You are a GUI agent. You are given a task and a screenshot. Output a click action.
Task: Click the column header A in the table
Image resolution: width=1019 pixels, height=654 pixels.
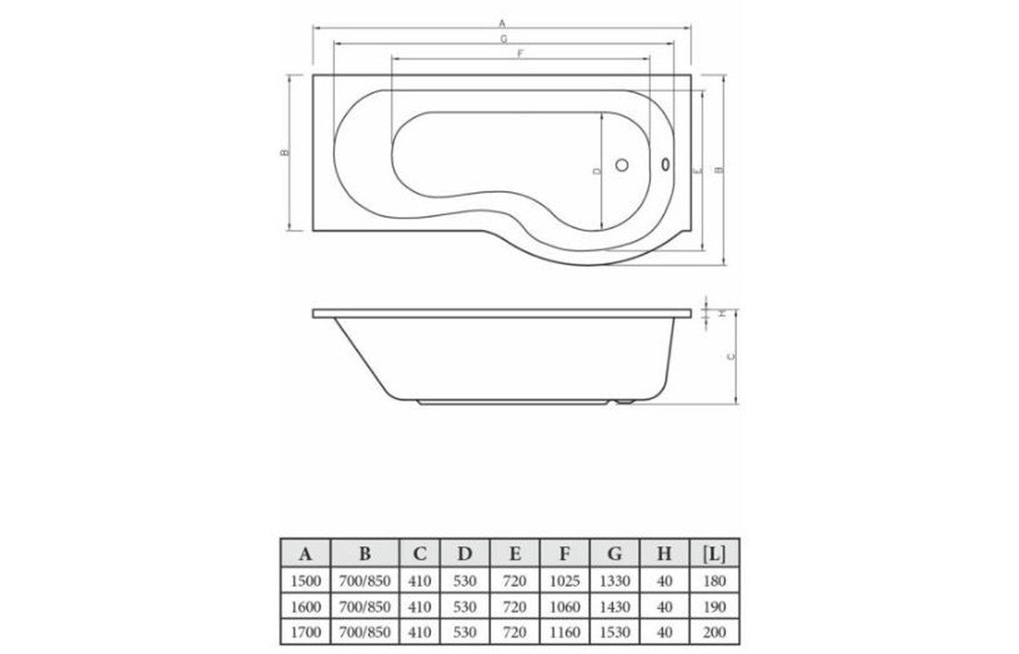305,554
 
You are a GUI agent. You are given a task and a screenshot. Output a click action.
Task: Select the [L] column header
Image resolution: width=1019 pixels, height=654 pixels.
715,554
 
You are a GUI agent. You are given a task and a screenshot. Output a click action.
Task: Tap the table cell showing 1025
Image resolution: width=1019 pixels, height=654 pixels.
564,582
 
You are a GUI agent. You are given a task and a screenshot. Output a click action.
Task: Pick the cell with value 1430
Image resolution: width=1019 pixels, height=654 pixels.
614,607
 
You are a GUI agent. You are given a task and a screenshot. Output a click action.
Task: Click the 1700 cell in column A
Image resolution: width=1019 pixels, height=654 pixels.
305,632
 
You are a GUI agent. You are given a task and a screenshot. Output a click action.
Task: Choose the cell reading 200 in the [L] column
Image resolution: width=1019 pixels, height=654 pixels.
715,632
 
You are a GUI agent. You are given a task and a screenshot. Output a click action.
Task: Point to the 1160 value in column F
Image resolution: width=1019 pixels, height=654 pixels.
564,632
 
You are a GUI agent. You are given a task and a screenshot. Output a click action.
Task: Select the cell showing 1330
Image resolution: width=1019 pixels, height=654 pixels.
614,582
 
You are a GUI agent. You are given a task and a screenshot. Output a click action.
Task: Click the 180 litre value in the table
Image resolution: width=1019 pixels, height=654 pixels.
715,582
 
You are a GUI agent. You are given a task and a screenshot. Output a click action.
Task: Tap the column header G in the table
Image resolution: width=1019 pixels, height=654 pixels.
614,554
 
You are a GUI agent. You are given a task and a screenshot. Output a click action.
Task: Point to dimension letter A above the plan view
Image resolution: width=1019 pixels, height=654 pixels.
502,23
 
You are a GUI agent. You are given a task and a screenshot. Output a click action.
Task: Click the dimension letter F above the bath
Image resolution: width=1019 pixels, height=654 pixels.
520,54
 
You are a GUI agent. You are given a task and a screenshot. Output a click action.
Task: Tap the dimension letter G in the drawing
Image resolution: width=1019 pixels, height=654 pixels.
502,39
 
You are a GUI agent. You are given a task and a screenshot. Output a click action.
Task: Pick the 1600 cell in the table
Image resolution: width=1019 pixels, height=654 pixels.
305,607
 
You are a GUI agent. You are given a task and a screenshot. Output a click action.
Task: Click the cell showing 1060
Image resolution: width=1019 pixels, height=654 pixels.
564,607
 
